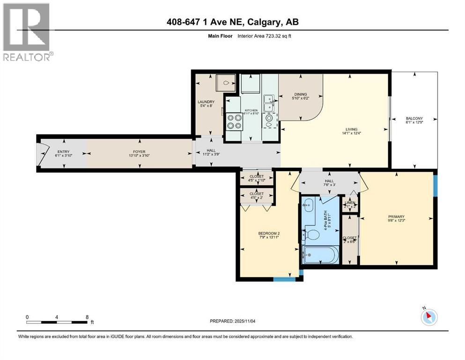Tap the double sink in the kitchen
pyautogui.click(x=269, y=104)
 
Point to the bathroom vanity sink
pyautogui.click(x=308, y=204)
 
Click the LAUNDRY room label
pyautogui.click(x=206, y=102)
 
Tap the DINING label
pyautogui.click(x=300, y=93)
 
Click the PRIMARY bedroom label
pyautogui.click(x=396, y=217)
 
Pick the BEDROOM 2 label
pyautogui.click(x=269, y=233)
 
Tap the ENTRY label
pyautogui.click(x=63, y=152)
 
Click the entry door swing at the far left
pyautogui.click(x=43, y=154)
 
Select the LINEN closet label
pyautogui.click(x=350, y=202)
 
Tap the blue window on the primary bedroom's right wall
pyautogui.click(x=435, y=185)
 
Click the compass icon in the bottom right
pyautogui.click(x=428, y=317)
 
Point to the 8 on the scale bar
pyautogui.click(x=87, y=317)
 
